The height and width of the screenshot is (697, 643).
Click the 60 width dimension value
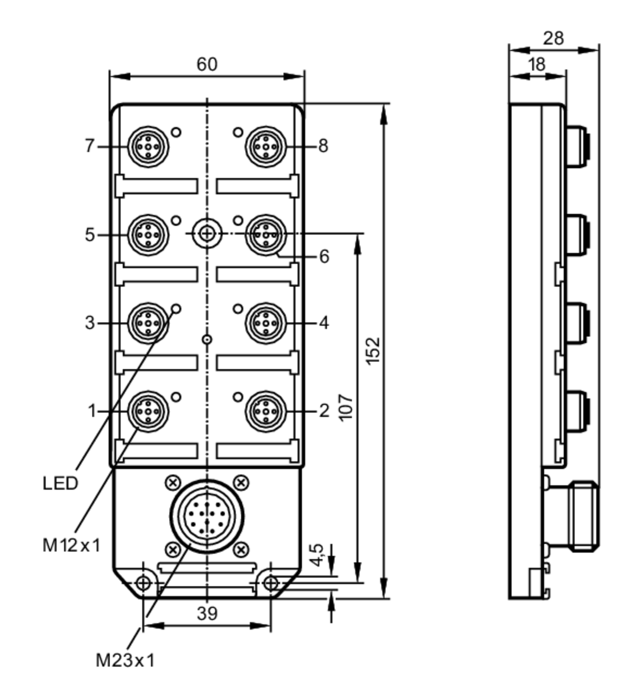pos(207,64)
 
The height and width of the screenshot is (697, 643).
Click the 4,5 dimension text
pos(316,555)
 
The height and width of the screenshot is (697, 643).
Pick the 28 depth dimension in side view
pos(553,38)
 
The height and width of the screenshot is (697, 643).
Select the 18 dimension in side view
pos(537,65)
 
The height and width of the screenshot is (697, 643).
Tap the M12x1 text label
pos(71,545)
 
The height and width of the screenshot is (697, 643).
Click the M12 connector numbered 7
pos(148,147)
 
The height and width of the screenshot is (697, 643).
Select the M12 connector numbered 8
pos(266,147)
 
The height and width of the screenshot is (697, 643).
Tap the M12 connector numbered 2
pos(266,411)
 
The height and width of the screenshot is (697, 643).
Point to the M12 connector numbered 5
pos(148,235)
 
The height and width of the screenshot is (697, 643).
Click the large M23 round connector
pos(207,516)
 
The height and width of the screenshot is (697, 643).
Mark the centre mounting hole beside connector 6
pos(207,234)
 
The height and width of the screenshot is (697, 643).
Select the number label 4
pos(324,323)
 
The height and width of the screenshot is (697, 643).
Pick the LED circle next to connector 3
pos(177,308)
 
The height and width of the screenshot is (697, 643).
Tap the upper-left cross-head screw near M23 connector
pos(173,483)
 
